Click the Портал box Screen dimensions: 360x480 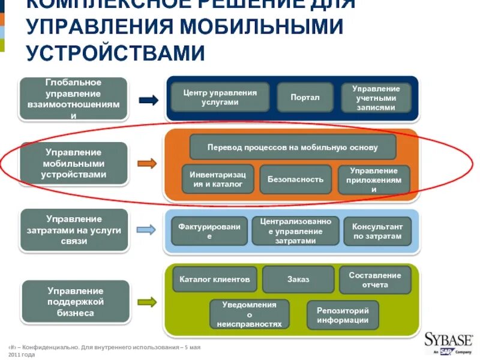coord(305,97)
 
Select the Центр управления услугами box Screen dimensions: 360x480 coord(220,97)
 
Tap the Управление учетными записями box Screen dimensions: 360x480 coord(376,98)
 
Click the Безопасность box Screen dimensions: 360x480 coord(295,179)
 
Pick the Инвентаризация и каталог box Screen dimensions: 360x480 coord(218,179)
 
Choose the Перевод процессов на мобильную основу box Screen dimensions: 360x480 coord(292,147)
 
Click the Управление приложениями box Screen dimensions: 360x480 coord(374,179)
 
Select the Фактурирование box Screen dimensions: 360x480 coord(209,231)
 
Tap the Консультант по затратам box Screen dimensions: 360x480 coord(377,231)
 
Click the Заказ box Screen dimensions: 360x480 coord(298,279)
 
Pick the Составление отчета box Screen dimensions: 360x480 coord(376,280)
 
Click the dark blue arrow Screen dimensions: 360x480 coord(148,100)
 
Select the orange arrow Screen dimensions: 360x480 coord(146,163)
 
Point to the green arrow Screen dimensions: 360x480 coord(146,301)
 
